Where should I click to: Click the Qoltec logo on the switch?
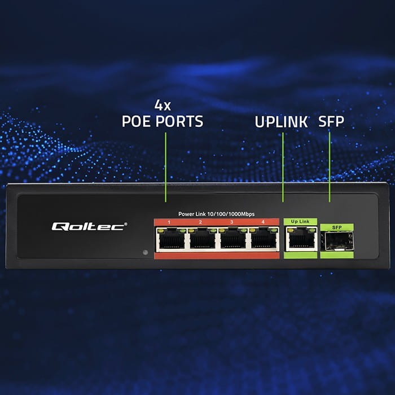[x=90, y=226]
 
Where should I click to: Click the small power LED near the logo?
[x=145, y=252]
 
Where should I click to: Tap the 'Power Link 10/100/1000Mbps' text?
[x=217, y=214]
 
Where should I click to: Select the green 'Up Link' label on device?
[x=300, y=221]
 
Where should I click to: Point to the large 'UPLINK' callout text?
[x=281, y=121]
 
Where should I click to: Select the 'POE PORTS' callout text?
[x=163, y=121]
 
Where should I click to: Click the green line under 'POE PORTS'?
[x=165, y=166]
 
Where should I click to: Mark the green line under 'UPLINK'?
[x=283, y=166]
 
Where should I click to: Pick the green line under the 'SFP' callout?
[x=330, y=166]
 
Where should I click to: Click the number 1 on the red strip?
[x=169, y=222]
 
